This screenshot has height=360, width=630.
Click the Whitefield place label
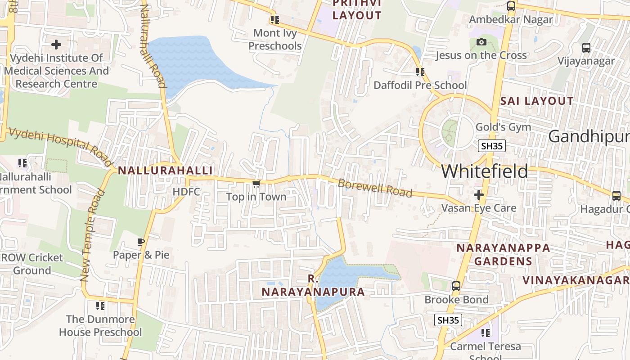485,171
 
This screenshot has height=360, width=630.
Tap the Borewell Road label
374,188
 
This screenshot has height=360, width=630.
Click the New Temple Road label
92,236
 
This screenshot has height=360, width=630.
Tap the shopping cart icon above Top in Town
256,184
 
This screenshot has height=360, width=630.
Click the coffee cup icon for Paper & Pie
141,242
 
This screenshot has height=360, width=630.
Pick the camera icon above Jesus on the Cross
481,42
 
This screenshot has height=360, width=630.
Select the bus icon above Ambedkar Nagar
511,6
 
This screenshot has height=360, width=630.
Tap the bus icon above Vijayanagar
586,48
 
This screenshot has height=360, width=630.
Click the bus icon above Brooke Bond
456,286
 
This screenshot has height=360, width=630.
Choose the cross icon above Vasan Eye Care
478,195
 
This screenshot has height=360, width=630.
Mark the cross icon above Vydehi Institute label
56,45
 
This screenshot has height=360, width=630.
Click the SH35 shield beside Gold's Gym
491,146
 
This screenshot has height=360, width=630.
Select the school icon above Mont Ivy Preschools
274,20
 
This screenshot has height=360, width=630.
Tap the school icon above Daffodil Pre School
420,72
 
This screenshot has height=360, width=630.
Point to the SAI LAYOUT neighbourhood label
537,101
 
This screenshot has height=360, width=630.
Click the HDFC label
186,192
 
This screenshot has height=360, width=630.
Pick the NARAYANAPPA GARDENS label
503,254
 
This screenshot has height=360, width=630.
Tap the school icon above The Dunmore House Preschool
100,306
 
